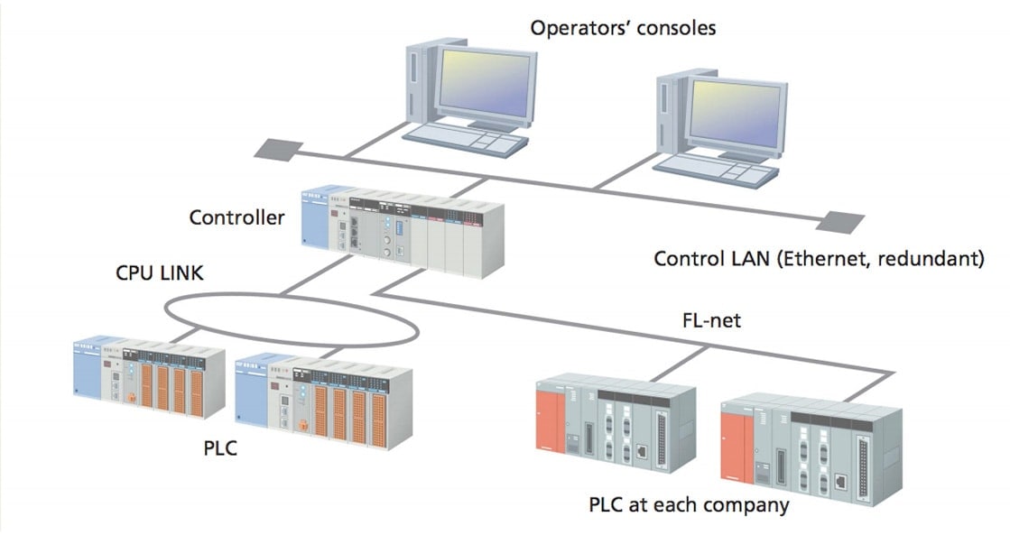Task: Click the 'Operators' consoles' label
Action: (x=623, y=28)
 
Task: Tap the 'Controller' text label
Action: (x=236, y=217)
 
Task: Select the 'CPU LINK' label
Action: (x=159, y=272)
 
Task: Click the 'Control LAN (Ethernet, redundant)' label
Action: (x=818, y=260)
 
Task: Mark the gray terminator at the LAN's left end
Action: (x=274, y=149)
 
